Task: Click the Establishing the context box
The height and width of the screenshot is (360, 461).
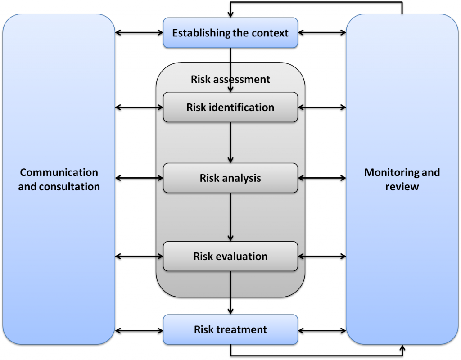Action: point(230,33)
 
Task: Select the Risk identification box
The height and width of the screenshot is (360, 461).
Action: point(230,107)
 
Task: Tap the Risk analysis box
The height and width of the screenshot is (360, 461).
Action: point(230,178)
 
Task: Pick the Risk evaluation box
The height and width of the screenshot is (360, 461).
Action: point(230,256)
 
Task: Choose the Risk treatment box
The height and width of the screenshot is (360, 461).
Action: point(230,329)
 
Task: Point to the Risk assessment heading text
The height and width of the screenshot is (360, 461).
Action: point(230,80)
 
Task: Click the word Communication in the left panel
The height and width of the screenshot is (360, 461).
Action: point(59,173)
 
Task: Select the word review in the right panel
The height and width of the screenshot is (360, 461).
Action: point(402,186)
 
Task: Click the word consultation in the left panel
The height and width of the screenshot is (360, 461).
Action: point(69,186)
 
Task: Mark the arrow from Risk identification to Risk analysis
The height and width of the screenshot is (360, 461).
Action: point(230,142)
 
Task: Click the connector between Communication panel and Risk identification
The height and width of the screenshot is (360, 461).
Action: point(140,108)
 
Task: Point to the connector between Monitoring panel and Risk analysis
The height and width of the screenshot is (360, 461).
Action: point(321,179)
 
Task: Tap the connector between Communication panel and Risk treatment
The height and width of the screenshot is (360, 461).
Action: point(140,332)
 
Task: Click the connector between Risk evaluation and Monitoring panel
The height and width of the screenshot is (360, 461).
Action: point(321,257)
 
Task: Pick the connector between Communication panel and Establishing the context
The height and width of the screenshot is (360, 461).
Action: point(140,33)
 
